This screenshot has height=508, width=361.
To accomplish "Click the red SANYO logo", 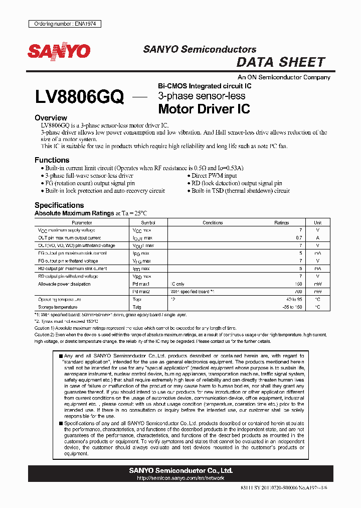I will point(58,51).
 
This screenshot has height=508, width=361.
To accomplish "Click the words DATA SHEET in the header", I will point(280,62).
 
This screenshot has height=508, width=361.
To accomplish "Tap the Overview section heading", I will point(51,118).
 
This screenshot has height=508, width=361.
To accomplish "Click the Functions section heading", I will point(52,160).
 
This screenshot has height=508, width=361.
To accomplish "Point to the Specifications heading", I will point(59,205).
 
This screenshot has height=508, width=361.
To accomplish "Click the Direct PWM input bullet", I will point(214,176).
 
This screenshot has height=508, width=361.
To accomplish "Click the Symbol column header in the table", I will point(148,222).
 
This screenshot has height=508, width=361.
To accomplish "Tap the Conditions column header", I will point(213,222).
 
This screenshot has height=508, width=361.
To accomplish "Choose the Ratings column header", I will point(281,222).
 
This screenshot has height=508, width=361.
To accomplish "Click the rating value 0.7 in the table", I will point(299,237).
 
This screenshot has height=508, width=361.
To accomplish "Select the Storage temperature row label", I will point(58,307).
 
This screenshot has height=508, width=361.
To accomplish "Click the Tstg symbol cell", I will point(137,307).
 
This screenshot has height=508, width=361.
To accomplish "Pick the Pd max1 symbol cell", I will point(141,284).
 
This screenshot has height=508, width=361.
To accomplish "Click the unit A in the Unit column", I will point(318,237).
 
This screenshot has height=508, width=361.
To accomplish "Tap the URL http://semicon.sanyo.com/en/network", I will point(180,478).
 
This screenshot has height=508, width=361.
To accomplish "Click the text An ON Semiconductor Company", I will point(284,77).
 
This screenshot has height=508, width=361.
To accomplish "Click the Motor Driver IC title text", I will point(204,108).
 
